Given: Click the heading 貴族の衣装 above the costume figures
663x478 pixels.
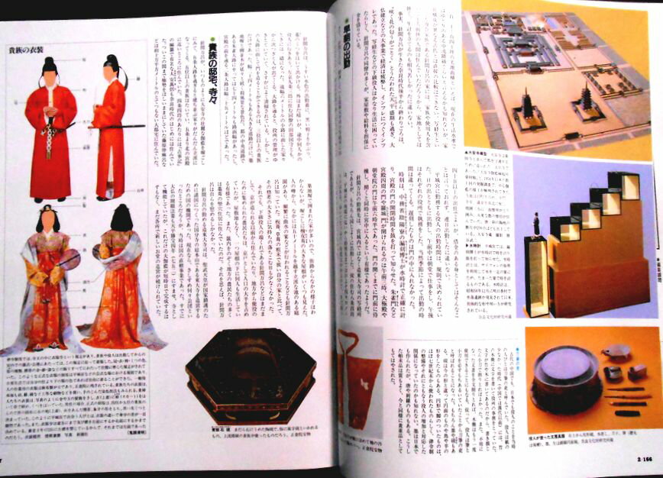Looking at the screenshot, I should (x=27, y=51).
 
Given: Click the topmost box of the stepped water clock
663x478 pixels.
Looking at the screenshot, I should (x=630, y=184).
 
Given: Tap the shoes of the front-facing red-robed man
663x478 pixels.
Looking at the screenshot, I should (x=50, y=200).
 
